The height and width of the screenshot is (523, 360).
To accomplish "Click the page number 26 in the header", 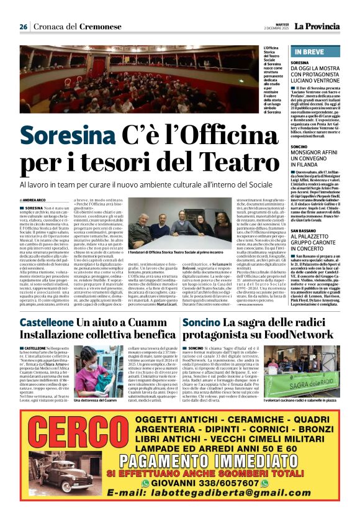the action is click(24, 27).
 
